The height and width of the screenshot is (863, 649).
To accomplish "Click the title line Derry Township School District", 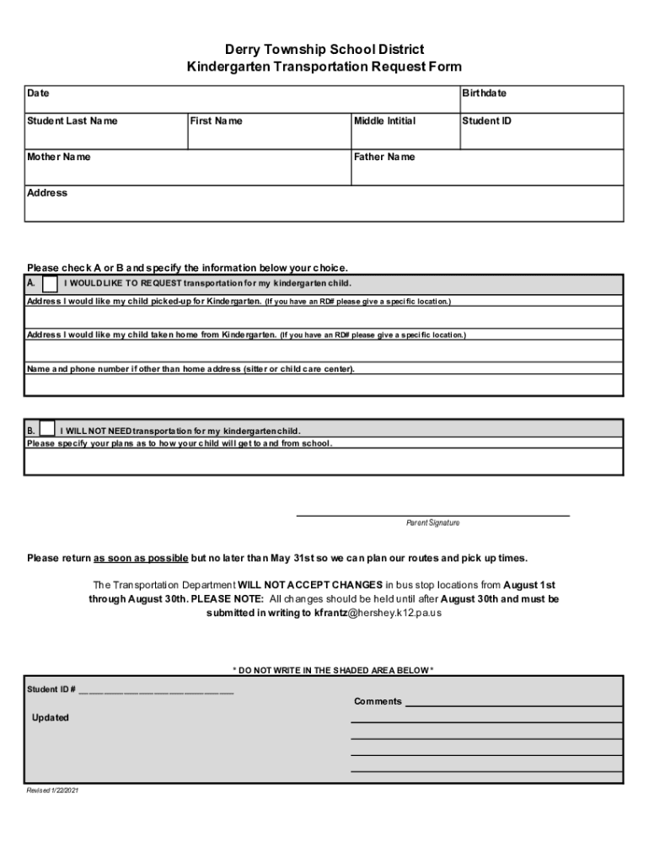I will click(x=324, y=50).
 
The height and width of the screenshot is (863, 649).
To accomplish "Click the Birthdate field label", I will click(x=484, y=94).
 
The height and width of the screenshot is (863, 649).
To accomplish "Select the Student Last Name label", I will click(x=72, y=121).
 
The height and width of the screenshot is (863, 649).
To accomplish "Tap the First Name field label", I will click(x=216, y=121).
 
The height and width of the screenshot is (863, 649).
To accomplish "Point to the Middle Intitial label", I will click(x=384, y=121).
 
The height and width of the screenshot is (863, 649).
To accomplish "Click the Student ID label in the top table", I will click(x=486, y=121).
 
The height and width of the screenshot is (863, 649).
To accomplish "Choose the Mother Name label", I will click(x=59, y=157).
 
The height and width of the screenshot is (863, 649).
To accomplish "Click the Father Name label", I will click(x=384, y=157).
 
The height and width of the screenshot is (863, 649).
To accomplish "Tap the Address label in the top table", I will click(x=47, y=193).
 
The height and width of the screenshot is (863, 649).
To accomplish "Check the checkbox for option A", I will click(x=51, y=282).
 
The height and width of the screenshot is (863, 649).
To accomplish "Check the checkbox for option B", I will click(x=48, y=428).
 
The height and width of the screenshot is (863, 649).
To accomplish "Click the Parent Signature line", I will click(x=432, y=514).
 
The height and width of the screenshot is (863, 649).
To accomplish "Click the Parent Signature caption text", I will click(x=432, y=523).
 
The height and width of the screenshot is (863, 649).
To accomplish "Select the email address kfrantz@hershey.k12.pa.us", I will click(x=378, y=614).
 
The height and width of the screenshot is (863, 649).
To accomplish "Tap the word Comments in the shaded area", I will click(x=378, y=702).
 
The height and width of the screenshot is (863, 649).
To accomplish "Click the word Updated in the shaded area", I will click(x=51, y=718).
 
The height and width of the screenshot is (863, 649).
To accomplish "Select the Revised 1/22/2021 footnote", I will click(x=53, y=791).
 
